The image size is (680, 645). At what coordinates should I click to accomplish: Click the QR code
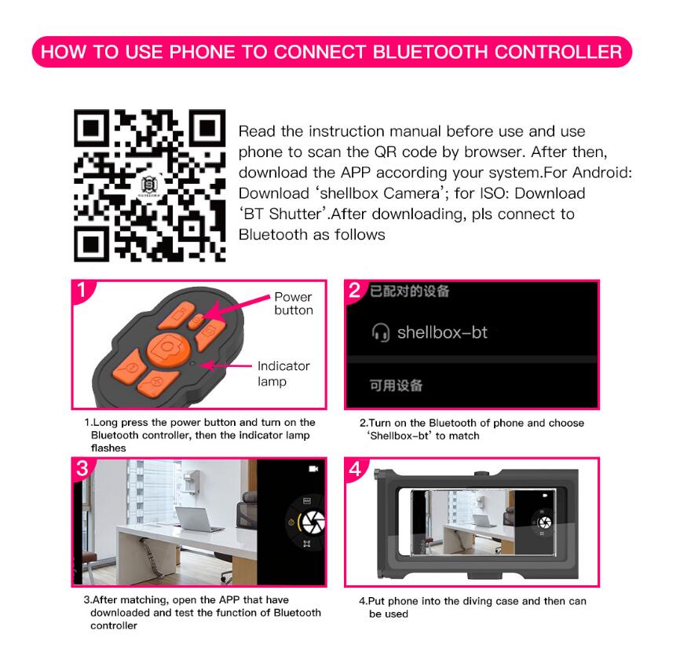149,185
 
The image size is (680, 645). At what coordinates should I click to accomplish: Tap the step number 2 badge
355,291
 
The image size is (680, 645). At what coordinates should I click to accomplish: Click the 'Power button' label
294,303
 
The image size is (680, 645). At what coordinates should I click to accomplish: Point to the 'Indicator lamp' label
283,373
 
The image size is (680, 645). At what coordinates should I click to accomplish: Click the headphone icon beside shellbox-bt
380,332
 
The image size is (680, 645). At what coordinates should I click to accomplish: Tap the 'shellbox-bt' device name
442,332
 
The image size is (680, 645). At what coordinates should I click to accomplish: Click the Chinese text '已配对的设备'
410,291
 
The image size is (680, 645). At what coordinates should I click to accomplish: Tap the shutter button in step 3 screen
312,520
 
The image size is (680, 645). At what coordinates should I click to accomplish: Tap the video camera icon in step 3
313,468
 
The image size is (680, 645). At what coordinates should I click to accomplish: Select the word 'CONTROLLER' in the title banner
561,53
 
